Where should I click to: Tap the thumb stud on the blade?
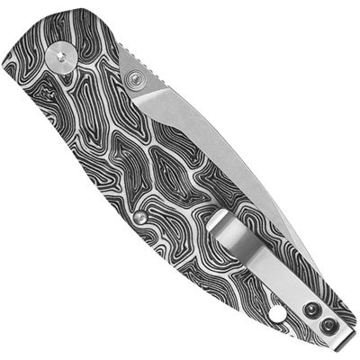pos(137,80)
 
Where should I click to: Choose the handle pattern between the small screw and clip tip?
pos(180,220)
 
